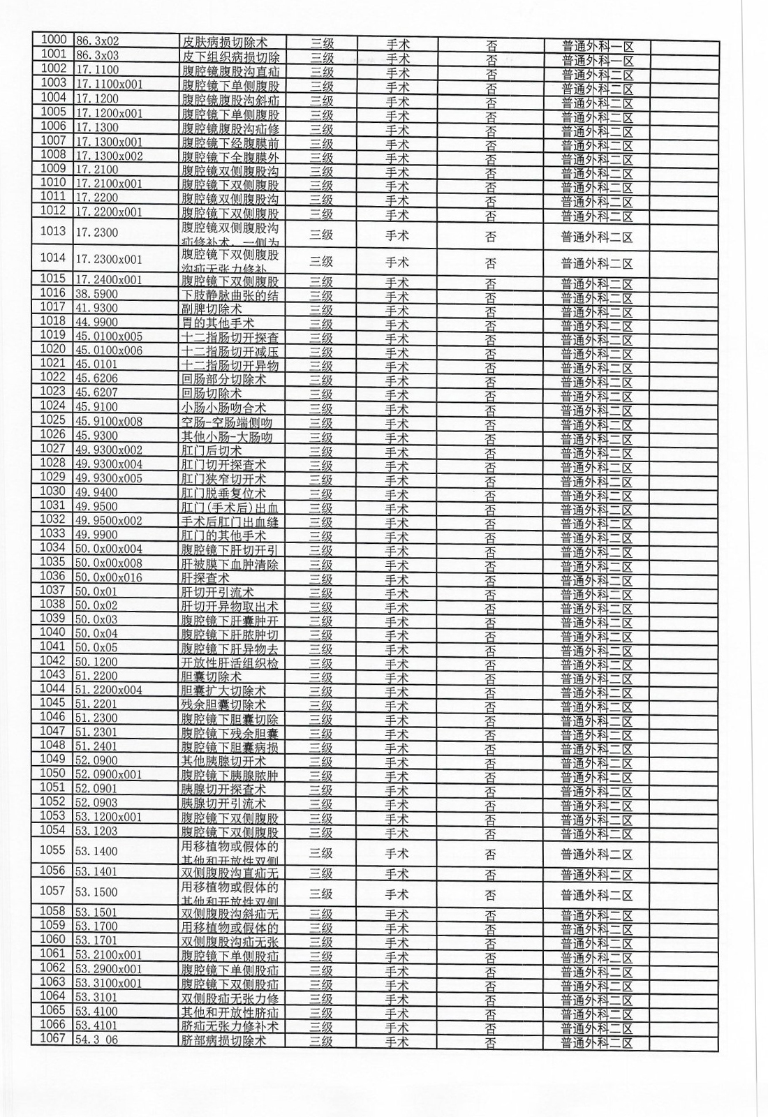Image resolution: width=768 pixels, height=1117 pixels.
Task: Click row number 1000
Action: [x=53, y=40]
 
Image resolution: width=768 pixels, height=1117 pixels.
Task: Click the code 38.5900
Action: [x=97, y=295]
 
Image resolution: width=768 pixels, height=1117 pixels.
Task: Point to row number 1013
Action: [x=53, y=231]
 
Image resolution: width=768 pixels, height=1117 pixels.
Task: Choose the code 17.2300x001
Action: [x=109, y=259]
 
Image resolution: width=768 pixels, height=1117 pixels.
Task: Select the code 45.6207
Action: [x=97, y=393]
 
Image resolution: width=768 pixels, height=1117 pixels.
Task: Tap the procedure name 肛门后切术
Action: [x=212, y=450]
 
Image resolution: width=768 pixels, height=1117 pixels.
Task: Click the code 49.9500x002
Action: [x=109, y=521]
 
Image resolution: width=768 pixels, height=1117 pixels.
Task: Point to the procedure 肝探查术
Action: [x=205, y=578]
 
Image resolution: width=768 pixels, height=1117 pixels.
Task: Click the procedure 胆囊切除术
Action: [x=212, y=676]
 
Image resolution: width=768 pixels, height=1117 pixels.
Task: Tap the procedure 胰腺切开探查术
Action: [x=224, y=789]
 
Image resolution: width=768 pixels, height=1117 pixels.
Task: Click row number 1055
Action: [x=53, y=850]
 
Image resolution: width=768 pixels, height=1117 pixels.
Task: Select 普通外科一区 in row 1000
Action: [x=598, y=46]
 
